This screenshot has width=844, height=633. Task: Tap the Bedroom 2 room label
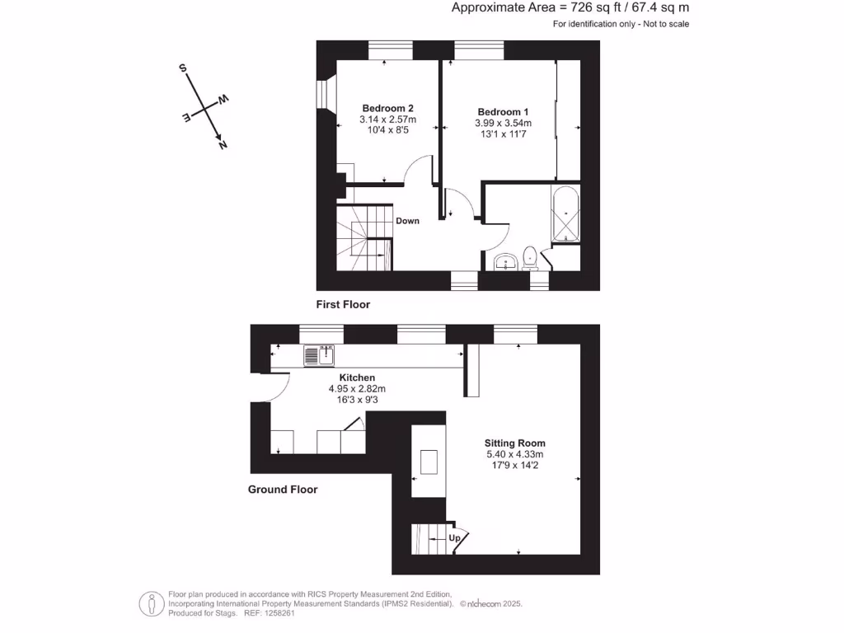point(387,108)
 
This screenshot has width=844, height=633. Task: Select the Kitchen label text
point(357,377)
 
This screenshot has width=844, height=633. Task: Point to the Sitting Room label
point(515,443)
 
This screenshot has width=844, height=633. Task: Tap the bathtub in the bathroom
point(566,213)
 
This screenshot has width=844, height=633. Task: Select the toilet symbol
point(531,259)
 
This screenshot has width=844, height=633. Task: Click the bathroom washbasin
point(504,263)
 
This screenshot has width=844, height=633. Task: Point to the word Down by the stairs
point(407,221)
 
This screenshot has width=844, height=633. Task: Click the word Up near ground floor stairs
point(454,538)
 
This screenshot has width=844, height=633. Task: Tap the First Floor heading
point(343,304)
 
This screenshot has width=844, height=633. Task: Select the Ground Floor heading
point(283,490)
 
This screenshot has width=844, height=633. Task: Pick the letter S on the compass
point(182,68)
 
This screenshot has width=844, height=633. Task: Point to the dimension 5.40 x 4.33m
point(515,454)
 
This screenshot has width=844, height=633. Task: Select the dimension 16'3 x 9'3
point(357,400)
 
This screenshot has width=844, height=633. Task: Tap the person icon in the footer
point(150,603)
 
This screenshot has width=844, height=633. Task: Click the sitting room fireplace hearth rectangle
point(429,462)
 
